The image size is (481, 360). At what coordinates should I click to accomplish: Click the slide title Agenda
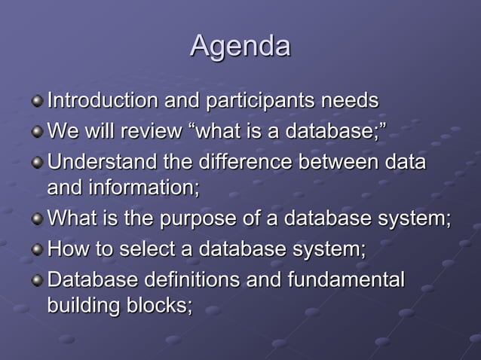pyautogui.click(x=240, y=46)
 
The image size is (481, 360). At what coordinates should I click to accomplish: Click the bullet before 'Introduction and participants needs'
pyautogui.click(x=37, y=102)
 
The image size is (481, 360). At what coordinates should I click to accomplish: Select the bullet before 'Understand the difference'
pyautogui.click(x=37, y=163)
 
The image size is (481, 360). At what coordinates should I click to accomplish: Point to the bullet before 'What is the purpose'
pyautogui.click(x=37, y=221)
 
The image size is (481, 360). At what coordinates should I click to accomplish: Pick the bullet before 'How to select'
pyautogui.click(x=37, y=251)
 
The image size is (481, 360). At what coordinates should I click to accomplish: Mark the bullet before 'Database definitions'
pyautogui.click(x=37, y=281)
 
